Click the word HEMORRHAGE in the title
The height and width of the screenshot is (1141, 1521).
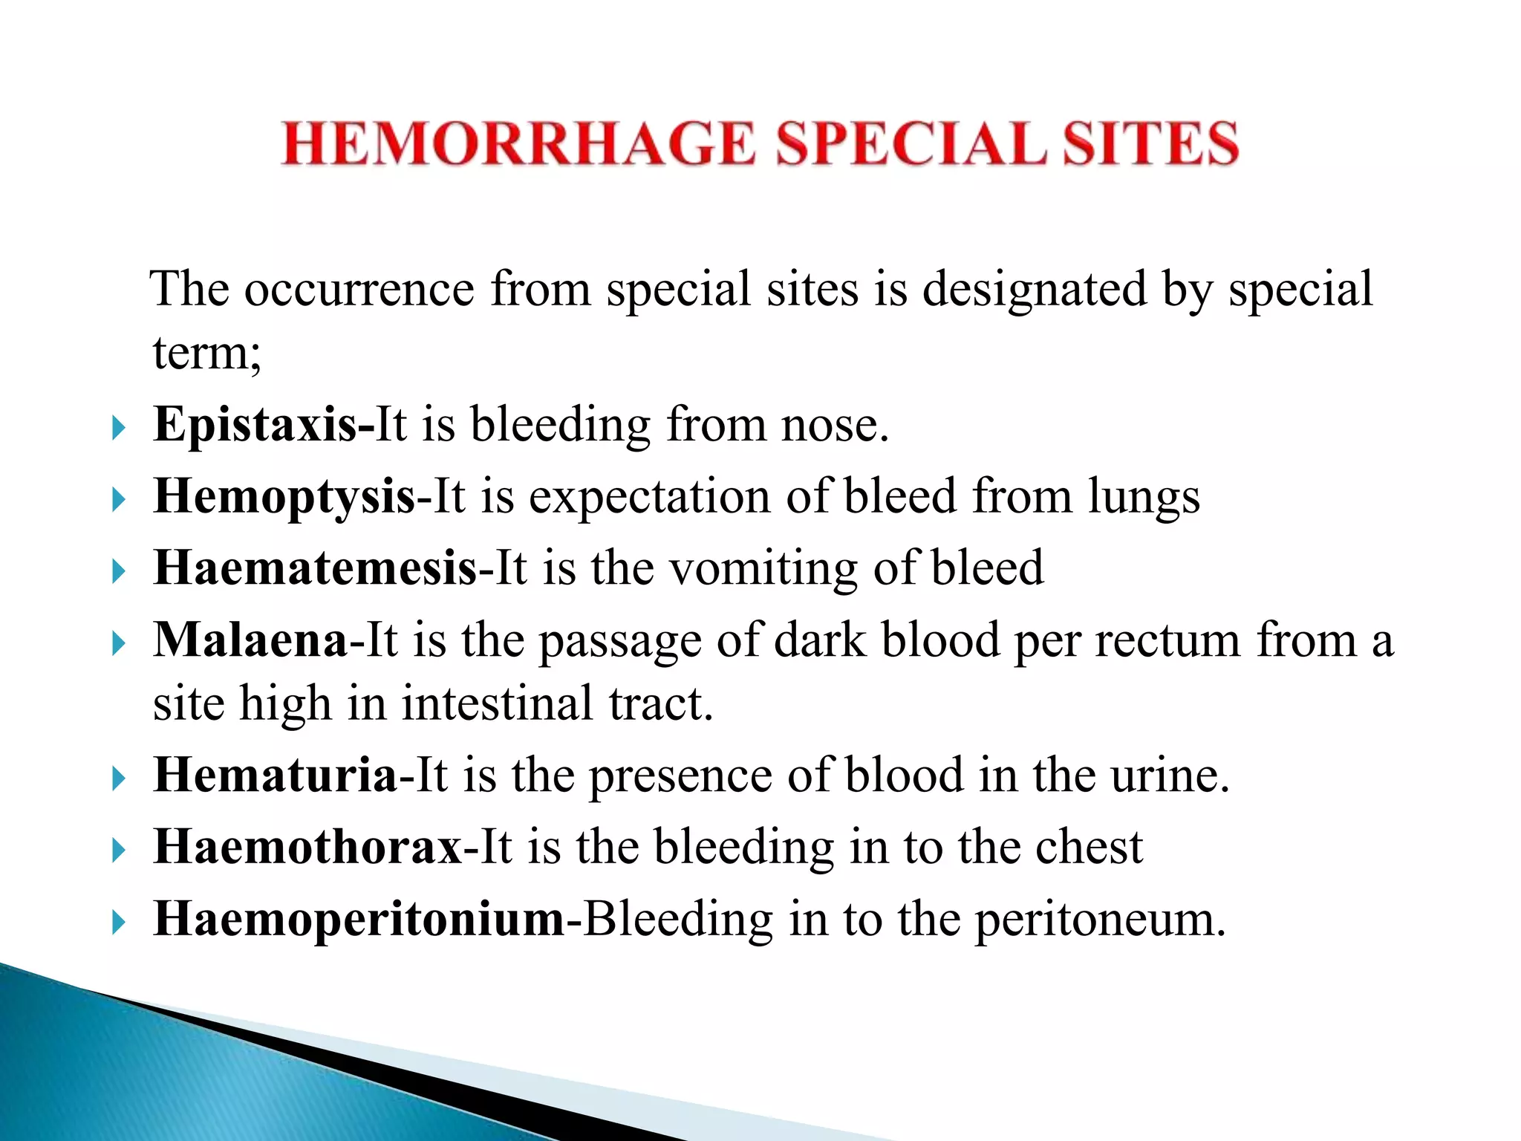tap(518, 143)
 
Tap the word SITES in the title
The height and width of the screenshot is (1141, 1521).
tap(1150, 143)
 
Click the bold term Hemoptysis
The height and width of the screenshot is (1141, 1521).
tap(284, 497)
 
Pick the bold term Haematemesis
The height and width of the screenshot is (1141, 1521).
tap(315, 568)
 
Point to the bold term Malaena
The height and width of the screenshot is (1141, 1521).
tap(250, 640)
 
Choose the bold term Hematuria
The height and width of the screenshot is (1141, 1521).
tap(275, 776)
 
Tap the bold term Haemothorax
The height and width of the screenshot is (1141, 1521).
tap(307, 847)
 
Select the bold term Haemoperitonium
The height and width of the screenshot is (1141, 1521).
tap(359, 919)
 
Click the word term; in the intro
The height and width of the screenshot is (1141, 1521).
tap(207, 353)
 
